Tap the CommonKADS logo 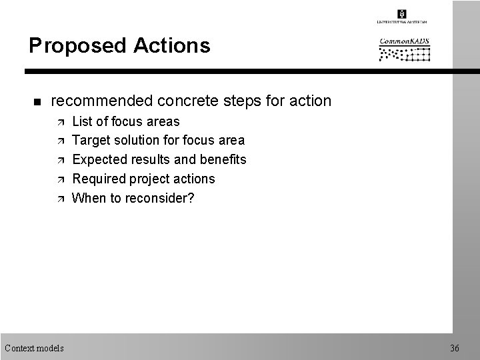click(x=405, y=50)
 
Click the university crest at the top click(x=401, y=14)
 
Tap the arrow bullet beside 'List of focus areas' click(x=57, y=122)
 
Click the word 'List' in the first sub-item click(x=81, y=121)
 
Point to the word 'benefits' click(x=222, y=159)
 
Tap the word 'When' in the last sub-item click(x=87, y=197)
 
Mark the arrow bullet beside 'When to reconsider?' click(x=57, y=198)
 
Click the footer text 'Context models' click(x=34, y=347)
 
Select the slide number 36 click(x=455, y=347)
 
